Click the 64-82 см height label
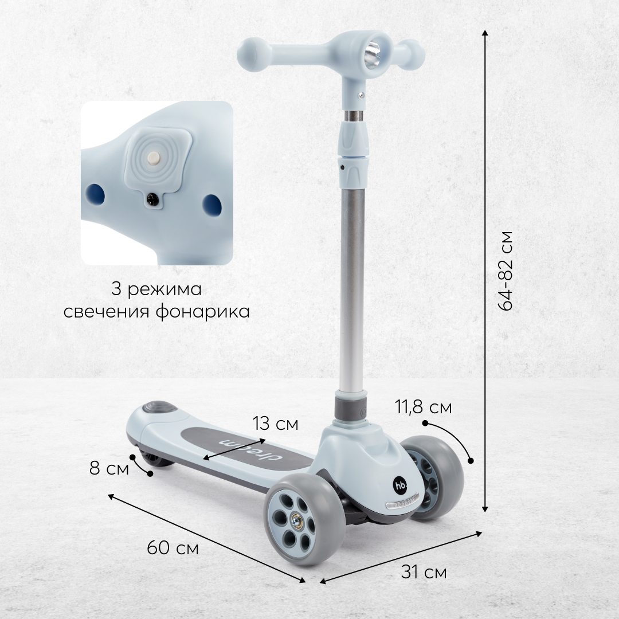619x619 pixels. point(506,271)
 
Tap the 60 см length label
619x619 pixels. point(173,548)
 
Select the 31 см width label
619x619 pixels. point(424,571)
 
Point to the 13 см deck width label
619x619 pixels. point(276,424)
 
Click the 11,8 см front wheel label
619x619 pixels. point(424,407)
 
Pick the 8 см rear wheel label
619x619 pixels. point(109,469)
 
